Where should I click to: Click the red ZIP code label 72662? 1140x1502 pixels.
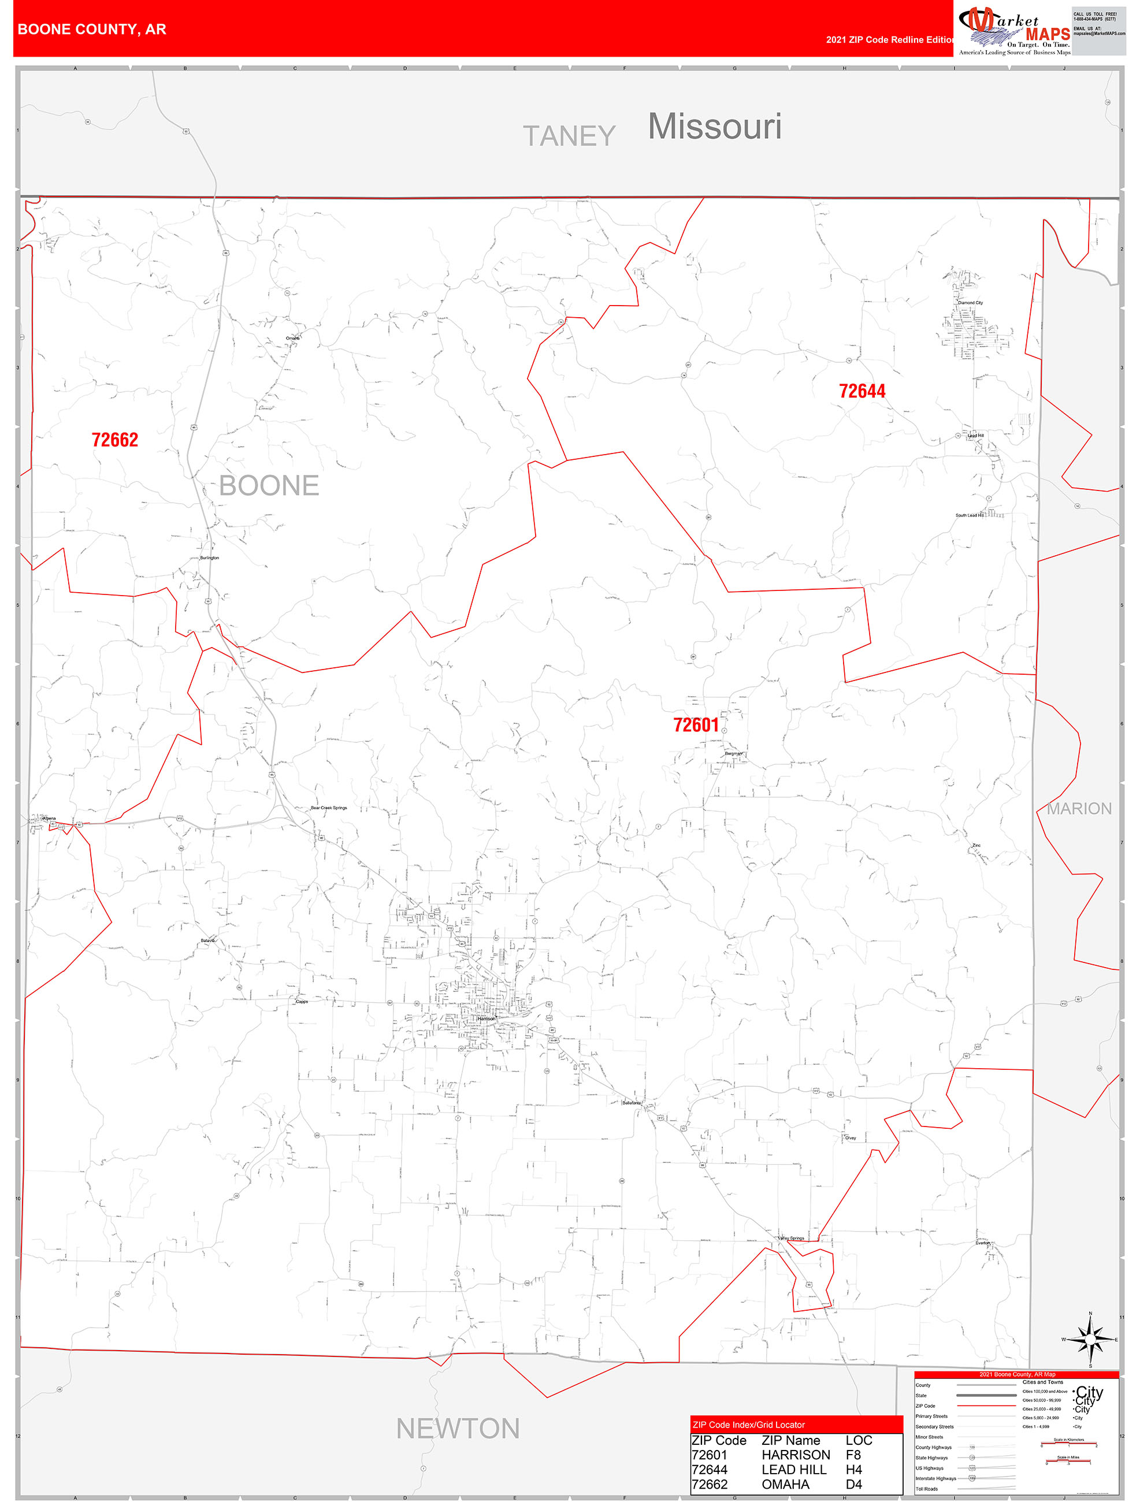pyautogui.click(x=115, y=440)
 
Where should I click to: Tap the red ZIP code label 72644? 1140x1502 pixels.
pyautogui.click(x=862, y=391)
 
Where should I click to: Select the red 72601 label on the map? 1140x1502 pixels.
pyautogui.click(x=695, y=725)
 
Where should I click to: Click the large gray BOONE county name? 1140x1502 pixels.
pyautogui.click(x=269, y=486)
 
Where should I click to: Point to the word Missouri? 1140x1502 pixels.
pyautogui.click(x=714, y=127)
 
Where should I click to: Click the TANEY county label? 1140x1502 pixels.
pyautogui.click(x=569, y=136)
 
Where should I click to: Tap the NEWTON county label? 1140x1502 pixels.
pyautogui.click(x=458, y=1429)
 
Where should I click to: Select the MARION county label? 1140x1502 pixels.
pyautogui.click(x=1078, y=809)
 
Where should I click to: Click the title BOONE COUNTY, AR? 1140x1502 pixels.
pyautogui.click(x=92, y=29)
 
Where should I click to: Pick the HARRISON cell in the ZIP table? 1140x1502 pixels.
pyautogui.click(x=795, y=1455)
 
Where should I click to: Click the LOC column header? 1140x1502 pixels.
pyautogui.click(x=858, y=1440)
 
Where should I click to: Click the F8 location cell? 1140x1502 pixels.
pyautogui.click(x=853, y=1455)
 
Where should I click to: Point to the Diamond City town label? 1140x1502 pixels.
pyautogui.click(x=970, y=303)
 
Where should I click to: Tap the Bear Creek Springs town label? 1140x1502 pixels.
pyautogui.click(x=329, y=808)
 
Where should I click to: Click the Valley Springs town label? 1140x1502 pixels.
pyautogui.click(x=790, y=1238)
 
